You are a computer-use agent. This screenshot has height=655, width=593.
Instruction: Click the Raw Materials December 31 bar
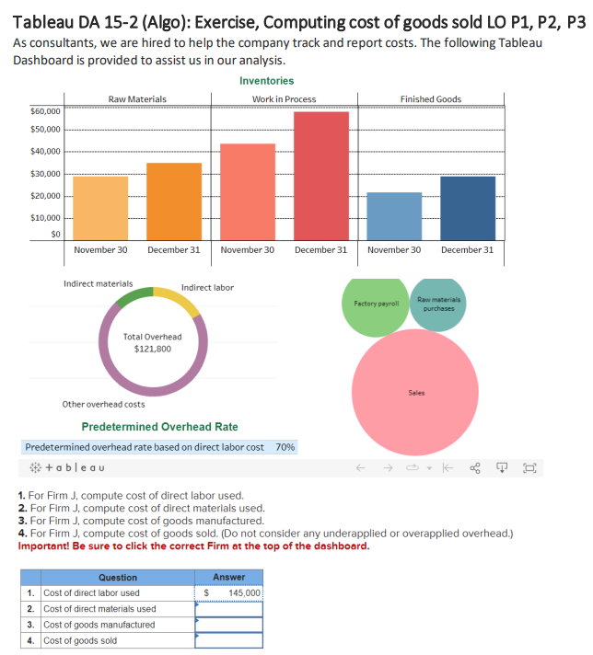coord(174,201)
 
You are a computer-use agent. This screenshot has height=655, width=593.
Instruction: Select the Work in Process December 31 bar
coord(320,175)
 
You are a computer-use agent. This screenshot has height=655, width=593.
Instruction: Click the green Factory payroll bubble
coord(376,305)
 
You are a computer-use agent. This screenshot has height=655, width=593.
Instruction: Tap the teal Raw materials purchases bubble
coord(438,304)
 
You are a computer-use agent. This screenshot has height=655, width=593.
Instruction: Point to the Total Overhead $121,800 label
coord(152,343)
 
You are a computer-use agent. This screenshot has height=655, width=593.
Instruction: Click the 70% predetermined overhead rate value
coord(285,446)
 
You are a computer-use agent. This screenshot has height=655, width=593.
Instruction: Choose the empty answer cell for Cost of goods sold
coord(228,640)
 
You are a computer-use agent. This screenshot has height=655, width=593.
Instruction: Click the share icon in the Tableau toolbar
coord(475,467)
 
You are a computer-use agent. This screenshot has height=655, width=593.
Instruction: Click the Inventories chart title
coord(266,81)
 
